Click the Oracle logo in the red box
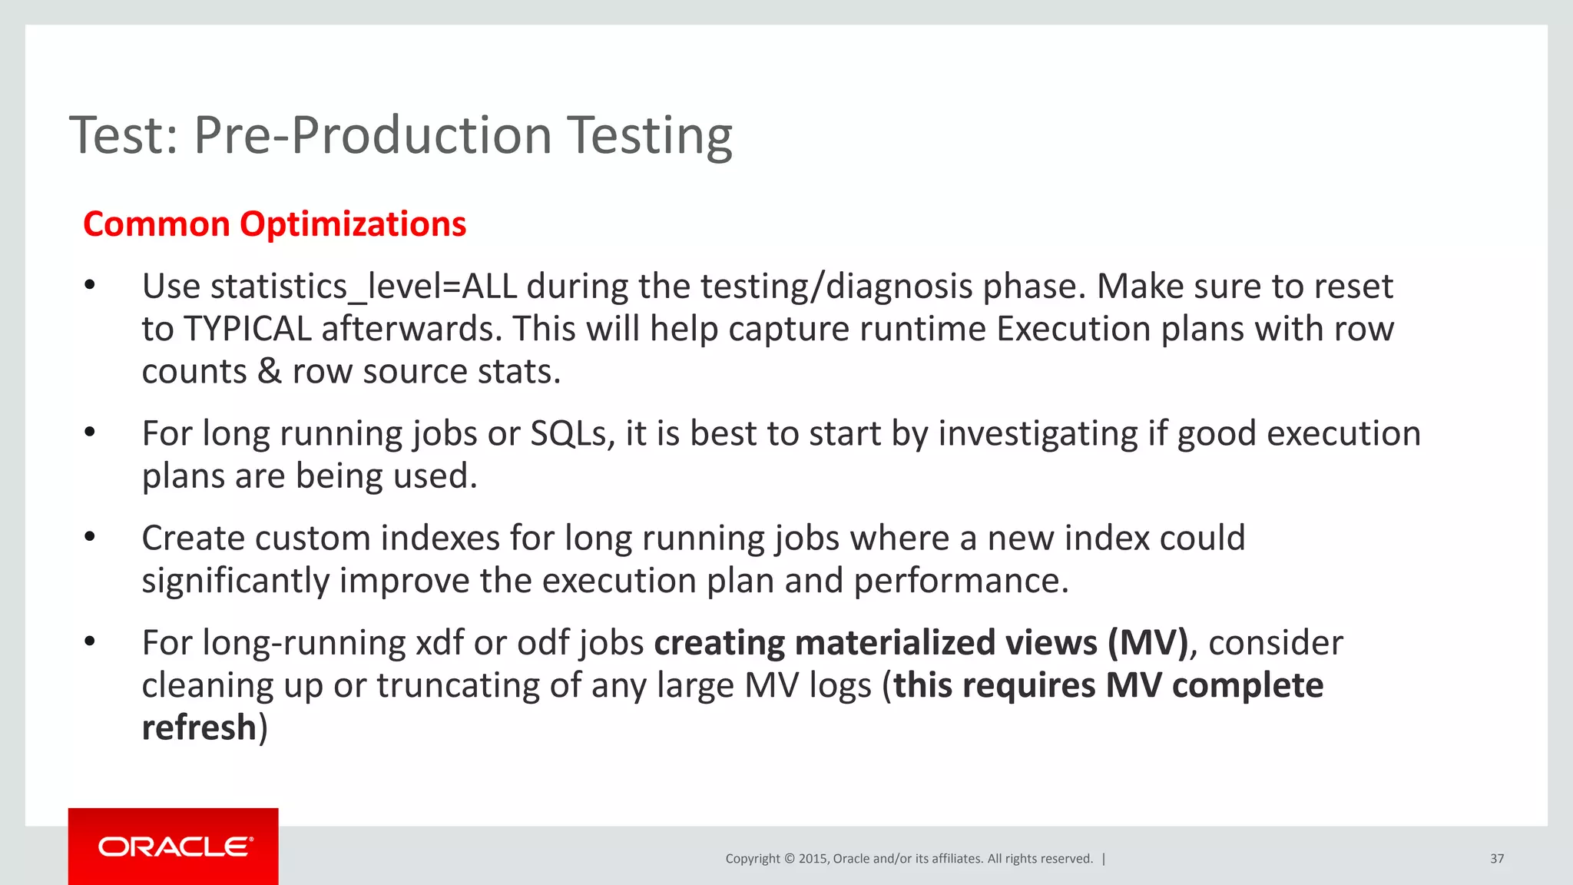174,847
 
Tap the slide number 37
1496,859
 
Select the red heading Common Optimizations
274,224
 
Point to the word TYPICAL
247,330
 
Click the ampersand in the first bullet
269,372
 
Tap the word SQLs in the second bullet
572,434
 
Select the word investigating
1038,434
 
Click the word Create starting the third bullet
193,539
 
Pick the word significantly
235,581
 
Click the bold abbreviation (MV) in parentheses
1148,643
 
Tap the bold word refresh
199,728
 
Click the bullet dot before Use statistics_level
90,286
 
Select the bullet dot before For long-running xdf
90,641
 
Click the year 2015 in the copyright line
813,859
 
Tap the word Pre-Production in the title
373,136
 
